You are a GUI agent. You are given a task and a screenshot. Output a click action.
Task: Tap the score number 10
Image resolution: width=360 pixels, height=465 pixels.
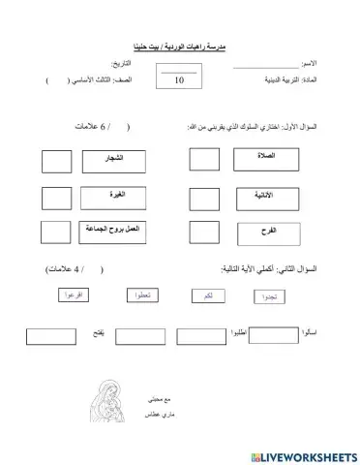coord(179,82)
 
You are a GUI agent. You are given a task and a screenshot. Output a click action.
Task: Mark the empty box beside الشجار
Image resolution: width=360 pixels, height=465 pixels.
coord(58,156)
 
